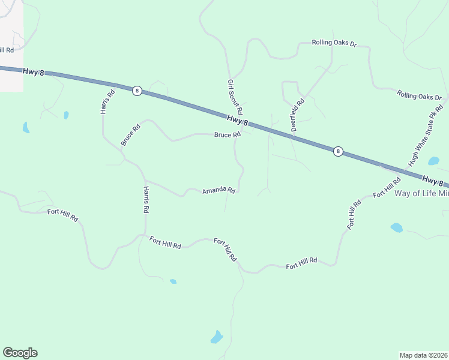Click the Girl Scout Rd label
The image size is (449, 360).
[234, 97]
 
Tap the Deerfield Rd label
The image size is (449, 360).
[297, 115]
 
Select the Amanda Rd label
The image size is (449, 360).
[218, 190]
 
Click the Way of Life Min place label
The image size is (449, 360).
[421, 193]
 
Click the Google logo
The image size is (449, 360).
[20, 353]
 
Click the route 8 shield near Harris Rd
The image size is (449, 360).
[137, 91]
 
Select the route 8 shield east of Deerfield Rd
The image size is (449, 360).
[338, 151]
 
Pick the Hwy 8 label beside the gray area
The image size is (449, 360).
[34, 71]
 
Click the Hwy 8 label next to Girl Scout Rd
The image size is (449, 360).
[238, 120]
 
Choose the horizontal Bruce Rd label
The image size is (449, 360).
[227, 135]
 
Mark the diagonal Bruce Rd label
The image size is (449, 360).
[130, 135]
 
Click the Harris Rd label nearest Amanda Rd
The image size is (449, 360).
[146, 200]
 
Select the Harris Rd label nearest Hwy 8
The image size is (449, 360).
[107, 102]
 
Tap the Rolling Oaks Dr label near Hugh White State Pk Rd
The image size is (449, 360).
[419, 95]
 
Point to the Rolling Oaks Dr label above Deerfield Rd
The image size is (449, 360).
[334, 43]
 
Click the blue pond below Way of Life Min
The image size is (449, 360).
[396, 227]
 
